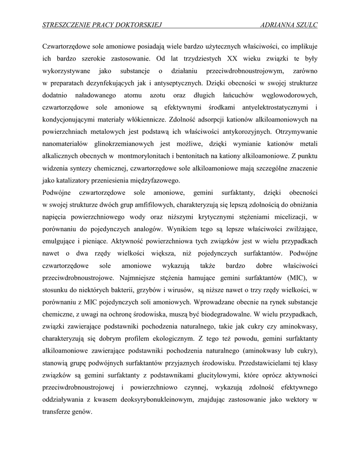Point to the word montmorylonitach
point(149,157)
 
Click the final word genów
point(82,412)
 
